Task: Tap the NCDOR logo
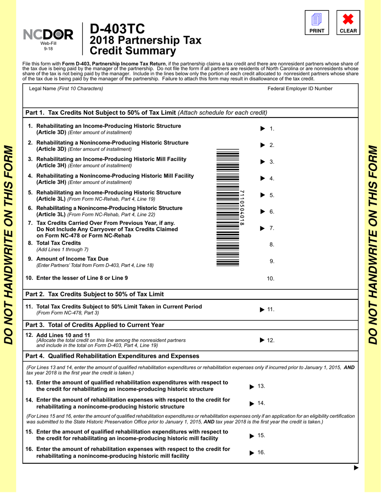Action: coord(49,35)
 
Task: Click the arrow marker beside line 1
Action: coord(263,129)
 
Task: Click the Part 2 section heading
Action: coord(94,295)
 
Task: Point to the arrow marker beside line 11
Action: coord(262,309)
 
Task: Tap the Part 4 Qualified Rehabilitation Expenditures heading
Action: coord(112,356)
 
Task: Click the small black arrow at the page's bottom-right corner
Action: coord(355,468)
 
